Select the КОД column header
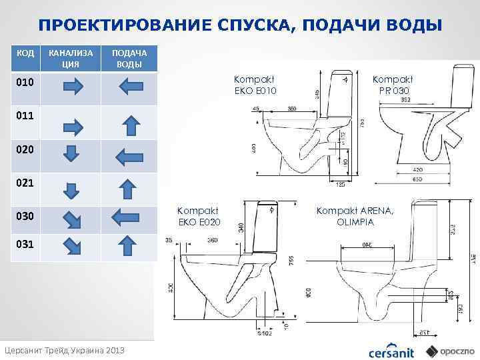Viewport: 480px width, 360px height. point(25,53)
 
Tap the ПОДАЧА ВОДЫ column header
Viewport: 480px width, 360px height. point(129,59)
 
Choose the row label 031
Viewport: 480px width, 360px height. point(25,244)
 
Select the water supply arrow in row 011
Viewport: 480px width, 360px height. point(132,125)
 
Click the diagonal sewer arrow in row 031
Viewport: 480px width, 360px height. point(70,247)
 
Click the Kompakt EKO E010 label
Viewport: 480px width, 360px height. point(255,85)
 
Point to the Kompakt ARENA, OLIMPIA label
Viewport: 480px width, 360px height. point(355,216)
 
